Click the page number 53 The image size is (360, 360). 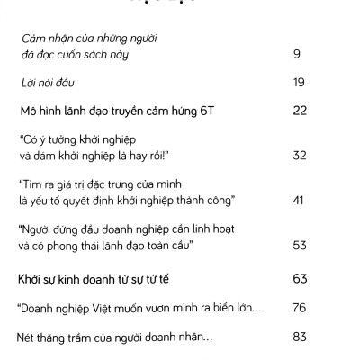301,244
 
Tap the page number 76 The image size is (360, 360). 301,309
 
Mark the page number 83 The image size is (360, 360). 301,337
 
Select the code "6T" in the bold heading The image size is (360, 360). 211,112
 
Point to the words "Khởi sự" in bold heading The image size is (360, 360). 39,278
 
